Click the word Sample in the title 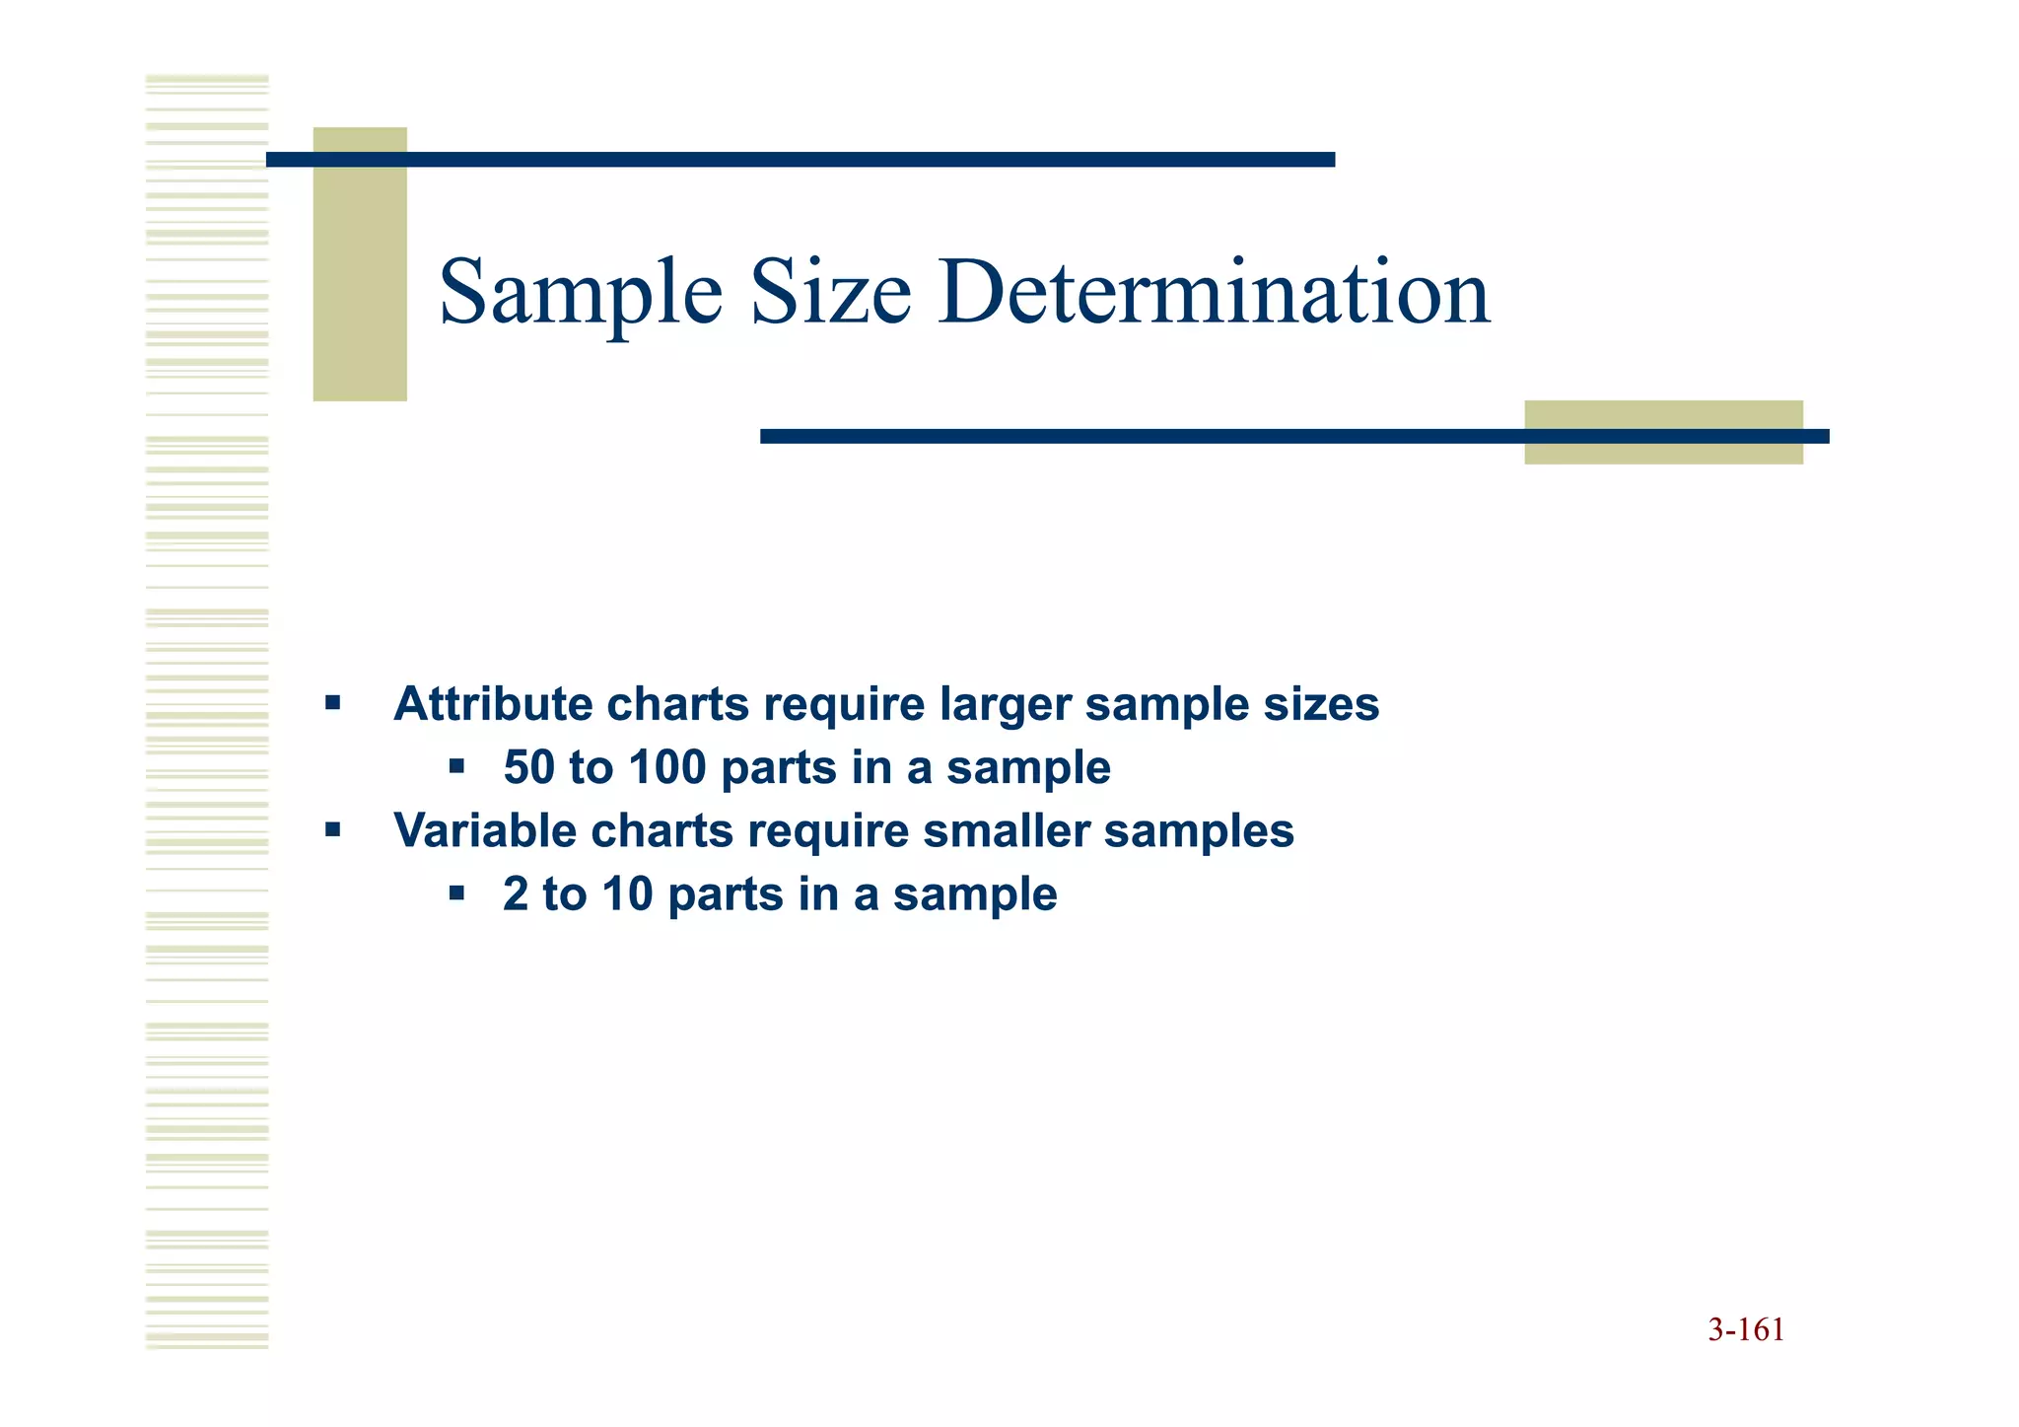[x=580, y=293]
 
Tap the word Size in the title [x=830, y=293]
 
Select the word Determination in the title [x=1214, y=293]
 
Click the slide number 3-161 [x=1746, y=1330]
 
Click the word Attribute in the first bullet [x=493, y=704]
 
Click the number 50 [x=529, y=767]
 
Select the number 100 [x=667, y=767]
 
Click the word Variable [x=485, y=830]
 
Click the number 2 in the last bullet [x=516, y=894]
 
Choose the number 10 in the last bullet [x=628, y=894]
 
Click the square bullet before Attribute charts [x=333, y=704]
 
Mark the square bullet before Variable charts [x=333, y=830]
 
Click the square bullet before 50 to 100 [x=455, y=766]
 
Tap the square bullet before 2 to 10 [x=455, y=893]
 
